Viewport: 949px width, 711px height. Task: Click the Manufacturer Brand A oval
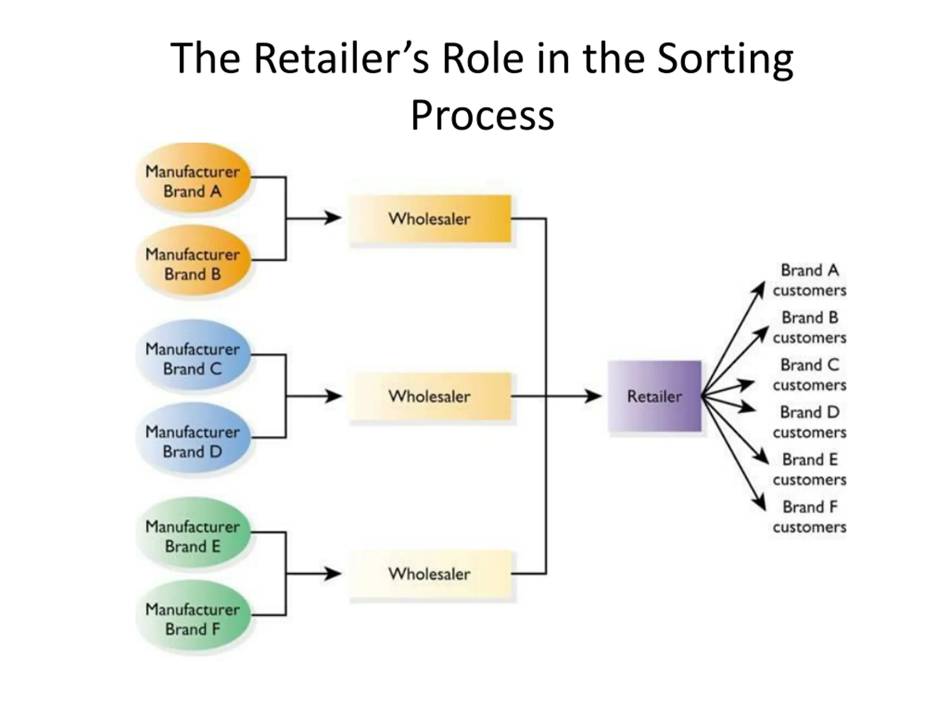[x=193, y=177]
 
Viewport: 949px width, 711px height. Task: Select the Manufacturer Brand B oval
[x=193, y=260]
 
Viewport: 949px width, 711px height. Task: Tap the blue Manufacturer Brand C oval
[x=193, y=355]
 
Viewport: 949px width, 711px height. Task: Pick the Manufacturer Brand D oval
[x=193, y=438]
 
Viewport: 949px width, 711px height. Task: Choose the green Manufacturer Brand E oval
[x=193, y=532]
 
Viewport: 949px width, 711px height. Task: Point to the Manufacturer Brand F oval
[x=193, y=615]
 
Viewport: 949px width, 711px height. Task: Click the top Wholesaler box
[x=430, y=218]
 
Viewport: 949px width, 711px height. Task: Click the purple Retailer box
[x=655, y=396]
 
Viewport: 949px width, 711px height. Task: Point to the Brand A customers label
[x=810, y=280]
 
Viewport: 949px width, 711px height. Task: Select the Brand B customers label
[x=810, y=327]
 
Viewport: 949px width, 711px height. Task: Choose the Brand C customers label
[x=810, y=375]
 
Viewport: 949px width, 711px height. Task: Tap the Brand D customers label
[x=810, y=422]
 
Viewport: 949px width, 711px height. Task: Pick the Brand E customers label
[x=810, y=469]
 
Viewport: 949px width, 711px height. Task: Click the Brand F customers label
[x=810, y=517]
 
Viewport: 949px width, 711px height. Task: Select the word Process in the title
[x=483, y=116]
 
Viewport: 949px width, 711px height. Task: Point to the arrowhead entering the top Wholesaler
[x=333, y=218]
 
